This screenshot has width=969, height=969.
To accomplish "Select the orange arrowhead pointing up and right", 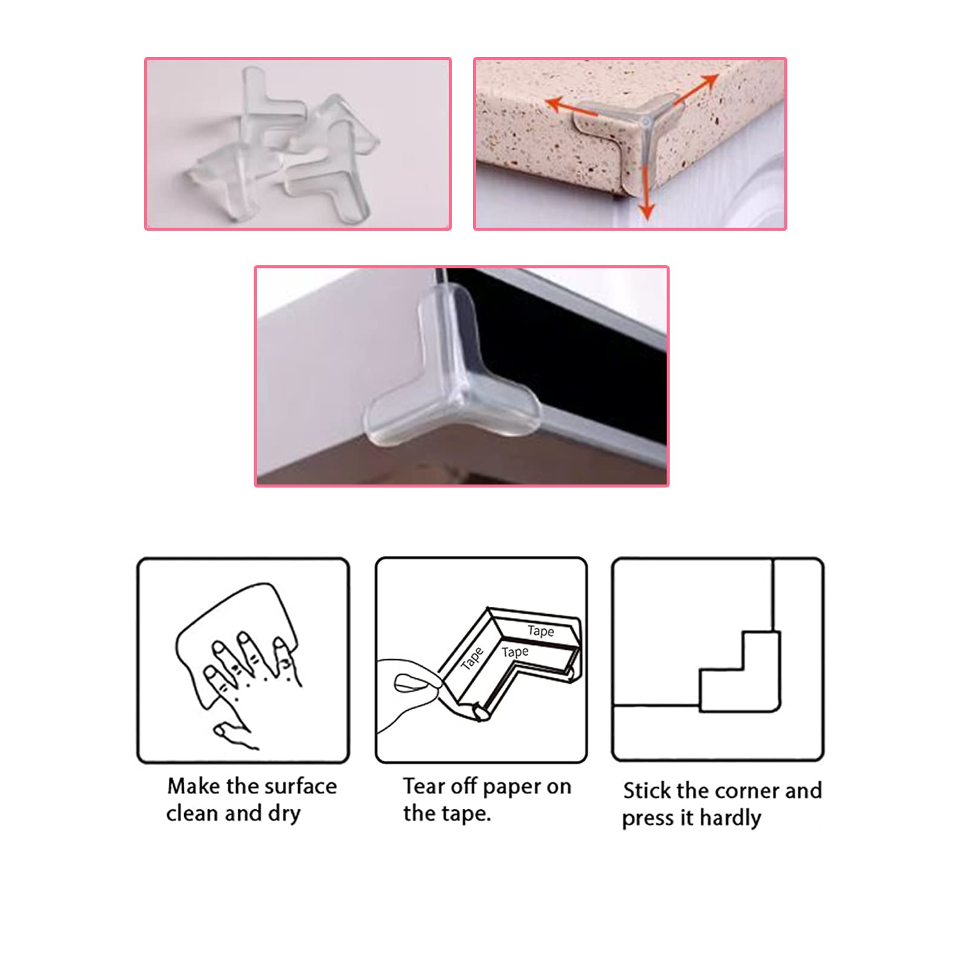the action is click(x=710, y=81).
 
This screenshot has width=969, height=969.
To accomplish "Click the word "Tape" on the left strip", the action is click(x=472, y=659).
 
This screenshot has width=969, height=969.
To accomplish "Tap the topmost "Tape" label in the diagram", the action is click(x=541, y=631).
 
